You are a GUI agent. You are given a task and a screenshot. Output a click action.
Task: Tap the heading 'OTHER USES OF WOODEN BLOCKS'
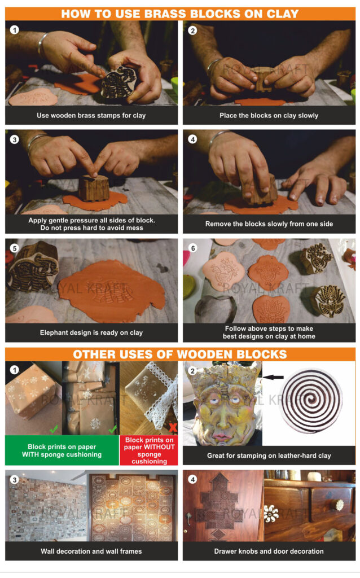pyautogui.click(x=180, y=354)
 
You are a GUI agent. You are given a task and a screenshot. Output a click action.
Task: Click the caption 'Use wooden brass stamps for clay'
pyautogui.click(x=91, y=116)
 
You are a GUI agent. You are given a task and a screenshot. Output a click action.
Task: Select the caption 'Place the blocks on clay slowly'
pyautogui.click(x=269, y=116)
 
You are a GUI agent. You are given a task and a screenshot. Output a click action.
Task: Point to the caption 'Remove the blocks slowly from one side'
pyautogui.click(x=269, y=224)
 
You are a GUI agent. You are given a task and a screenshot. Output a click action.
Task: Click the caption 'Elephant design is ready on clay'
pyautogui.click(x=91, y=332)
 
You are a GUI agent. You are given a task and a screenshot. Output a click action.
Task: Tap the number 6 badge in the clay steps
pyautogui.click(x=192, y=248)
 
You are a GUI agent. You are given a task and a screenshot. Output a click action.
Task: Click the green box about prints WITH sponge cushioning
pyautogui.click(x=62, y=450)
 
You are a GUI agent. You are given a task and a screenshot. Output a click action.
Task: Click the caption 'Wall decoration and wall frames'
pyautogui.click(x=91, y=551)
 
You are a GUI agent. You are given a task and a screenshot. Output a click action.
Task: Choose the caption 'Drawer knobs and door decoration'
pyautogui.click(x=269, y=551)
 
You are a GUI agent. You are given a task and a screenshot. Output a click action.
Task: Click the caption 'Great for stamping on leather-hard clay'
pyautogui.click(x=269, y=455)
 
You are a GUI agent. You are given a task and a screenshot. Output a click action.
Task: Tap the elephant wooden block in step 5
pyautogui.click(x=33, y=266)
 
